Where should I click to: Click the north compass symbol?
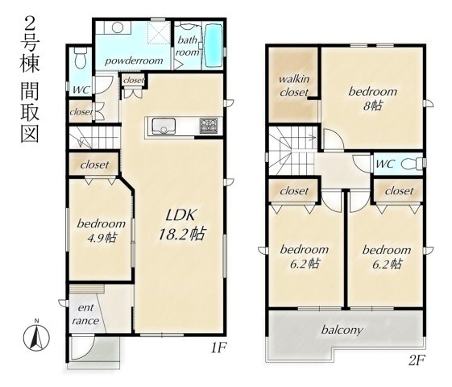click(x=36, y=337)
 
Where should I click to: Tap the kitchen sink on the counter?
click(x=164, y=126)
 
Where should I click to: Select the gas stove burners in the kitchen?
click(x=209, y=126)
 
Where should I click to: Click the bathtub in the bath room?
click(x=213, y=46)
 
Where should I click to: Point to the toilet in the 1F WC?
click(x=80, y=58)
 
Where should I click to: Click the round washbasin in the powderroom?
click(x=118, y=28)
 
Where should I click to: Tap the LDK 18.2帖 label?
click(x=182, y=225)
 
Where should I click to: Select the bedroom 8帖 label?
click(x=373, y=98)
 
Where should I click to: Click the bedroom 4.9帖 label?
click(x=102, y=231)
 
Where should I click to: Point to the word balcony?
click(x=342, y=330)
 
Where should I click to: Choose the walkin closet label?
click(x=294, y=85)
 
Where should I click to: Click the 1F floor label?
click(x=219, y=348)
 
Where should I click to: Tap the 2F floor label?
click(x=417, y=360)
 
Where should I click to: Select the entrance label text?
click(x=85, y=314)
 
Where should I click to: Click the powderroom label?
click(x=134, y=60)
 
